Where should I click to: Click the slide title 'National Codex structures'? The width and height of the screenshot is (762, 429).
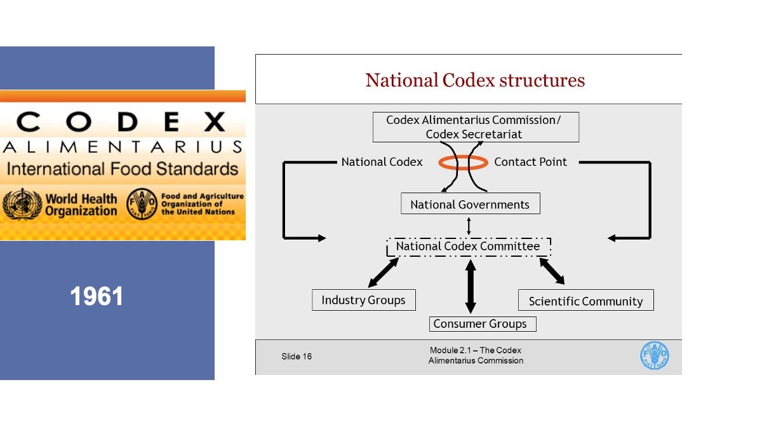[475, 81]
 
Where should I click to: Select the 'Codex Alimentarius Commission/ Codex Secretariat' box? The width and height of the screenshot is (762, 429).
[475, 127]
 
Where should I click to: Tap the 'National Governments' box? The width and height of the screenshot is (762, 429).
[470, 205]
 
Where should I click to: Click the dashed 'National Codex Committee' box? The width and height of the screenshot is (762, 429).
[469, 247]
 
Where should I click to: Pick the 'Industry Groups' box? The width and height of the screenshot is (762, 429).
[363, 301]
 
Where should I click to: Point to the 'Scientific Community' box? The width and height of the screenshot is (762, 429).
[585, 301]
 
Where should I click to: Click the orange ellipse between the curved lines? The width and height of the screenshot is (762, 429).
[463, 163]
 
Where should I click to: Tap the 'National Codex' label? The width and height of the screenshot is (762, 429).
[382, 162]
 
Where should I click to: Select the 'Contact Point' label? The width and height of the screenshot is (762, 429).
[530, 162]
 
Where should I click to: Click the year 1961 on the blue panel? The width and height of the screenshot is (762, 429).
[97, 297]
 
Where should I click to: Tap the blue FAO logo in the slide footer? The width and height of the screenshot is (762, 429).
[654, 356]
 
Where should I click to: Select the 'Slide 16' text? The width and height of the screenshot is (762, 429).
[297, 357]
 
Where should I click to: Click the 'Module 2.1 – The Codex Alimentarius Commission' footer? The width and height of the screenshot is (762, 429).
[476, 356]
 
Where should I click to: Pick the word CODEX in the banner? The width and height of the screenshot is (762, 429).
[121, 121]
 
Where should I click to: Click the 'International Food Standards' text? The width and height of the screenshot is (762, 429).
[123, 170]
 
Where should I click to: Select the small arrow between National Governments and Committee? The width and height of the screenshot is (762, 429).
[469, 226]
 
